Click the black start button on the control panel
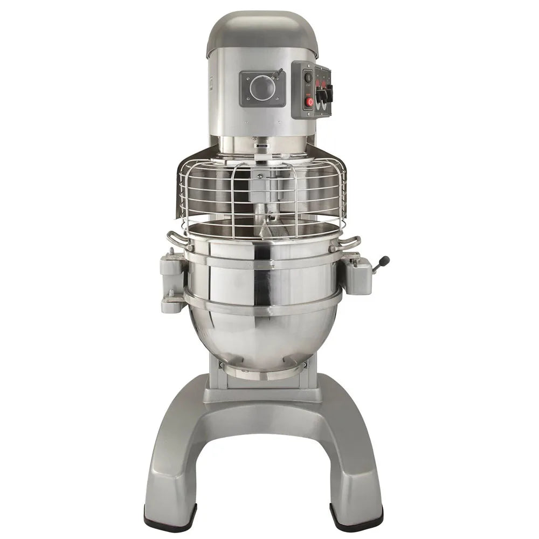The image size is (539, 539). tap(308, 77)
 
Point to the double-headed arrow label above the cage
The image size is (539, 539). tap(262, 146)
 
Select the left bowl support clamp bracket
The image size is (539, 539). tap(173, 280)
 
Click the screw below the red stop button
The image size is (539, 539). tap(308, 113)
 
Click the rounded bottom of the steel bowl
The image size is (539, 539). tap(262, 345)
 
